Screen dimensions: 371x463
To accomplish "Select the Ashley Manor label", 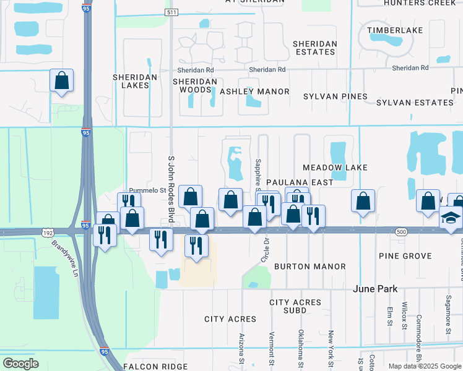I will click(x=254, y=92).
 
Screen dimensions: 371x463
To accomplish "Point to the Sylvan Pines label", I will click(x=335, y=96).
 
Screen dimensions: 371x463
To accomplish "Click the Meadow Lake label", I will click(x=335, y=168).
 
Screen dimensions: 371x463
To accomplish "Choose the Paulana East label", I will click(x=300, y=182).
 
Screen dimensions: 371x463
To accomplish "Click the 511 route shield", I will click(x=171, y=12).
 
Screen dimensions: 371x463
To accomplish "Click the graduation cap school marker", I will click(x=450, y=218).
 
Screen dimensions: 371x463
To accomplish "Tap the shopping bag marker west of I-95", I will click(x=61, y=80).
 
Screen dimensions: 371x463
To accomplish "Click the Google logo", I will click(x=20, y=364).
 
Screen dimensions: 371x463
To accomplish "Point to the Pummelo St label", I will click(x=144, y=191).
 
